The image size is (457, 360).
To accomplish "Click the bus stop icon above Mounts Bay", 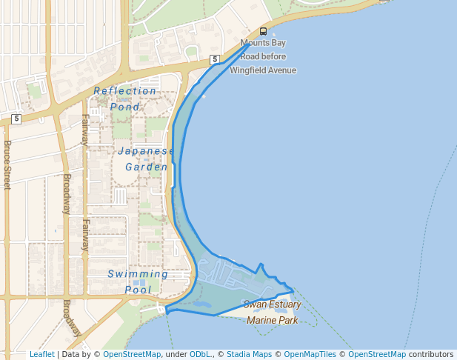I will tap(263, 31).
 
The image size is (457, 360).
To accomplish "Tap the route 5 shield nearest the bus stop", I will tap(214, 59).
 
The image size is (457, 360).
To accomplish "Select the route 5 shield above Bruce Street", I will tap(16, 118).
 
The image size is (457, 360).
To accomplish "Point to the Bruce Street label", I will tap(7, 165).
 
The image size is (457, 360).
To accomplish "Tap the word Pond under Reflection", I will tap(125, 107).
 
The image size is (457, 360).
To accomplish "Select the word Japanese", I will tap(146, 151).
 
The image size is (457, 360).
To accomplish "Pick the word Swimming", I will tap(138, 274).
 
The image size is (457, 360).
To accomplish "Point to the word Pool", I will tap(138, 290).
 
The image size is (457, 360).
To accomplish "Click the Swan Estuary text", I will tap(272, 304).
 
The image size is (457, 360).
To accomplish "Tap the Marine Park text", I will tap(272, 320).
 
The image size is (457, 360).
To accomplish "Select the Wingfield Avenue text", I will tap(263, 70).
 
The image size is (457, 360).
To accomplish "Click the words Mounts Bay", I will tap(263, 43).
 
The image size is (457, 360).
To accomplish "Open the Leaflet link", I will tap(42, 354).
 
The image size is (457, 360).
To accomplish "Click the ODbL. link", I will tap(199, 354).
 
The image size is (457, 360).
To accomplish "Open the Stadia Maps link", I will tap(251, 354).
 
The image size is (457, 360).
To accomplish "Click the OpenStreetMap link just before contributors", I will tap(377, 354).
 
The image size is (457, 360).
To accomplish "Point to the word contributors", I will tap(431, 354).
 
